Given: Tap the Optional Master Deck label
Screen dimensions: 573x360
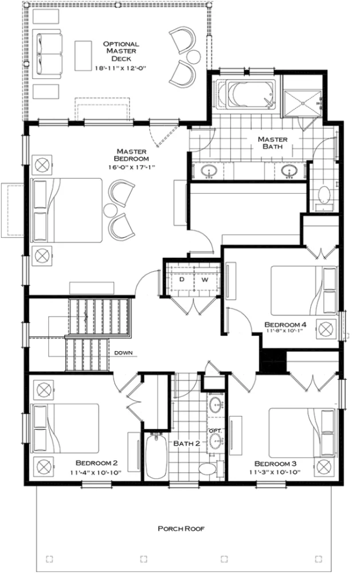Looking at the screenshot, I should pos(121,51).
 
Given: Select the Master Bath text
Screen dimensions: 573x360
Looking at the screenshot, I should pos(272,143).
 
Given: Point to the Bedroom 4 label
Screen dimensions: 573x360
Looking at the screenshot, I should pos(285,325).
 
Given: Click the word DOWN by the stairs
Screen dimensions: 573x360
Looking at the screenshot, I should pos(124,352).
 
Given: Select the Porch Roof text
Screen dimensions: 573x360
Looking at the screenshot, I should pos(181,529).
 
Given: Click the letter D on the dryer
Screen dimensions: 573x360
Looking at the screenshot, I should pos(182,281).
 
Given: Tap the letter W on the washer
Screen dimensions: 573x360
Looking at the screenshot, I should pos(204,281).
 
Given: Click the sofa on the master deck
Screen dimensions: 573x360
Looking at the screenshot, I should pos(47,55).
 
